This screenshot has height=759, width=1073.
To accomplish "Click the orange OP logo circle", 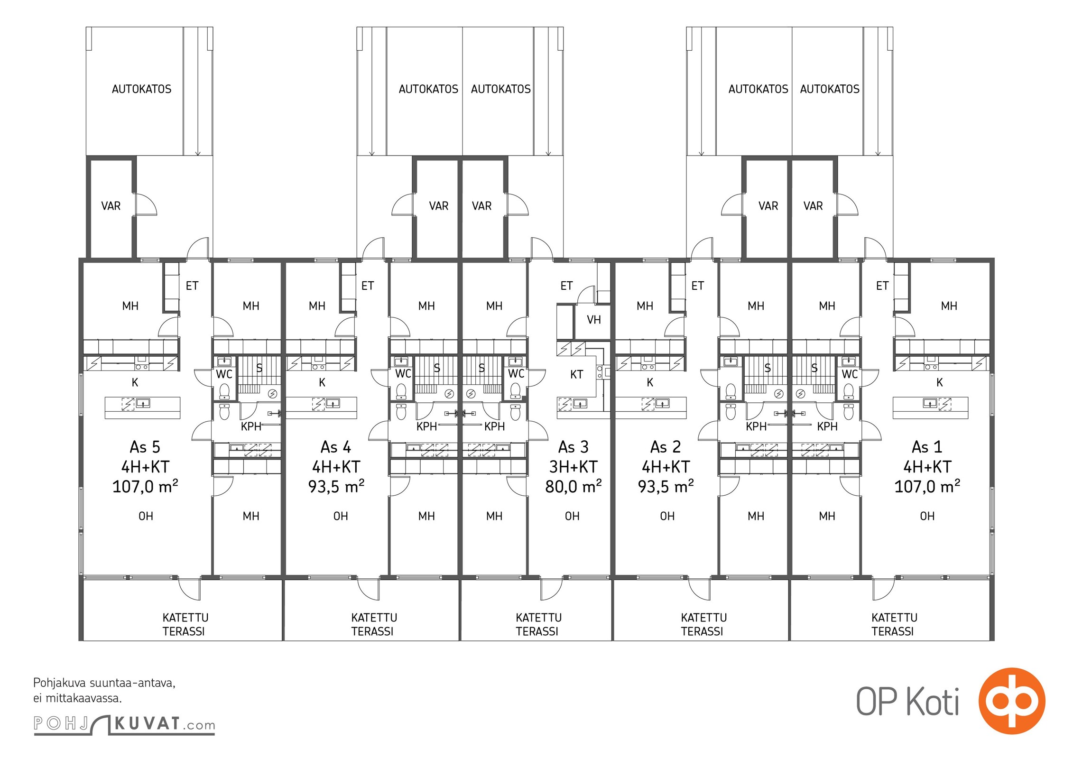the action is tap(1012, 701).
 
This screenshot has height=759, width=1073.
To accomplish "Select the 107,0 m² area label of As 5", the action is tap(145, 486).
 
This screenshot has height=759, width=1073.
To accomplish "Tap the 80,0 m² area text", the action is tap(573, 486).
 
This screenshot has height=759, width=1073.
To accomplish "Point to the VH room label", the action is tap(594, 320).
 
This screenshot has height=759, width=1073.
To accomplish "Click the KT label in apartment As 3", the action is tap(576, 375).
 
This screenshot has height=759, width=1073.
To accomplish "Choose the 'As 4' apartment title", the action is tap(336, 447).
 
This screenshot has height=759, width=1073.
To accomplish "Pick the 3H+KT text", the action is tap(573, 467).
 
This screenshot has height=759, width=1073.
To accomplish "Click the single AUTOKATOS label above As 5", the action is tap(141, 89).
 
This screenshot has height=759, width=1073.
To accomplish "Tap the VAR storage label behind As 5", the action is tap(111, 206).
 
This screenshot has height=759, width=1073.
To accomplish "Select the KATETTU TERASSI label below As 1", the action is tap(894, 624).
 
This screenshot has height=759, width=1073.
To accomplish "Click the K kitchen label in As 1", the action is tap(939, 382).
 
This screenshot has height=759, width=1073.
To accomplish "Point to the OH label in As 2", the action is tap(667, 516).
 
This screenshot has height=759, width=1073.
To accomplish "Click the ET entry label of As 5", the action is tap(192, 286).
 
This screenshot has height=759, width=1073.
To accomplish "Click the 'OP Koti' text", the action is tap(907, 702).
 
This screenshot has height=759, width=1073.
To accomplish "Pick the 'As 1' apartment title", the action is tap(927, 447).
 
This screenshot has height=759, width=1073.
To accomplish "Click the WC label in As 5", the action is tap(224, 374).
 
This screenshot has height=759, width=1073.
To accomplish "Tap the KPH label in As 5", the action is tap(251, 426).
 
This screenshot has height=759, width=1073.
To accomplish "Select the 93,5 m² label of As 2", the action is tap(666, 486).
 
